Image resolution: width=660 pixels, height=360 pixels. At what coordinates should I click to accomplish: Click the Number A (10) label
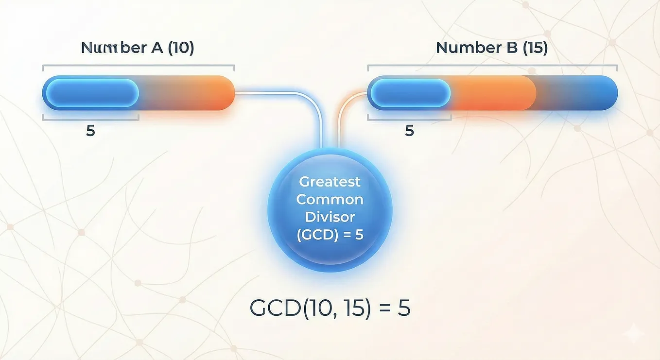tap(138, 48)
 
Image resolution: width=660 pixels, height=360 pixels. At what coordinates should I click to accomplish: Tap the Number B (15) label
tap(492, 48)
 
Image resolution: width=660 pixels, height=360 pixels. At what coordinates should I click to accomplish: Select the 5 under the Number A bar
tap(90, 131)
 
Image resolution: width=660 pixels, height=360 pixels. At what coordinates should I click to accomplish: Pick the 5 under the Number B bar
tap(410, 131)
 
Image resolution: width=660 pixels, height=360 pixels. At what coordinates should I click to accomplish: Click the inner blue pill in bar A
tap(92, 93)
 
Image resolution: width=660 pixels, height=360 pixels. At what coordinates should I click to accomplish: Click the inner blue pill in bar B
tap(411, 93)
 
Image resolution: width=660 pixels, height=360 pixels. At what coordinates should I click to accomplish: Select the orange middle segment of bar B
tap(493, 93)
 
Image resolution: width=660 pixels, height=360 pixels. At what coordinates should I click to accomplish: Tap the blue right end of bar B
tap(586, 93)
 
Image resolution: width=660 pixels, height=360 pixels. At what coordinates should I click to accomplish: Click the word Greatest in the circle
tap(330, 182)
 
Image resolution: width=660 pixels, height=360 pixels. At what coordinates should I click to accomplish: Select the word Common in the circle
tap(330, 200)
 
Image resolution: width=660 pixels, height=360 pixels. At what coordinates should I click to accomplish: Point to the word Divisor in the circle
tap(330, 217)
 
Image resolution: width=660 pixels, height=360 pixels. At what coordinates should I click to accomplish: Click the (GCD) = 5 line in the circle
tap(330, 235)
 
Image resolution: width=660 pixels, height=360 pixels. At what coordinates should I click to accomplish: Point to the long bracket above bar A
tap(139, 66)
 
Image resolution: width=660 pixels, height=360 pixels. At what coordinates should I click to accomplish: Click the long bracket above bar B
tap(492, 66)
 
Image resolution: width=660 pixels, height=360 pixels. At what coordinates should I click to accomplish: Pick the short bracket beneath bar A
tap(90, 120)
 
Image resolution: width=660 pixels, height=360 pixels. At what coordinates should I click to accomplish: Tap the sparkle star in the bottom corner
tap(633, 333)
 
